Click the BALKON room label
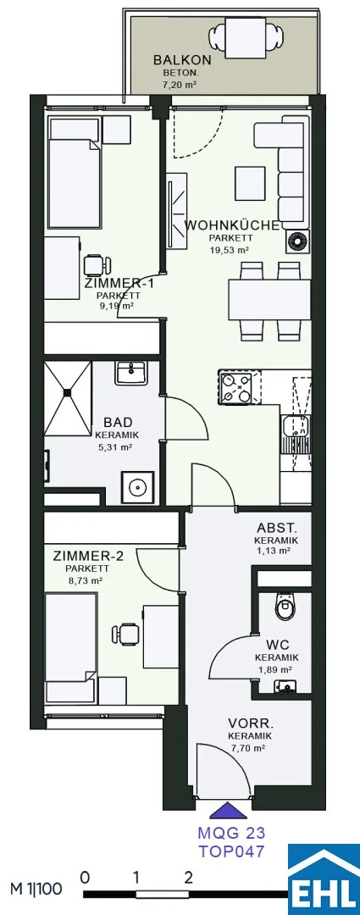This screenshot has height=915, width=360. [174, 60]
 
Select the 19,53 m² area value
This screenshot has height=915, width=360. [230, 249]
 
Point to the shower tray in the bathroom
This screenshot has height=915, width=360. [68, 398]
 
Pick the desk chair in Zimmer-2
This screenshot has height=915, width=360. [125, 634]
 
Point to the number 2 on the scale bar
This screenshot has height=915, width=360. [188, 876]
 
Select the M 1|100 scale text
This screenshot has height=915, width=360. [35, 890]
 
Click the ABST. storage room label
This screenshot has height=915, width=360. [276, 530]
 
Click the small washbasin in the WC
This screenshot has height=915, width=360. [285, 685]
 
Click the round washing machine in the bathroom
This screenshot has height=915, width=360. [138, 485]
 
